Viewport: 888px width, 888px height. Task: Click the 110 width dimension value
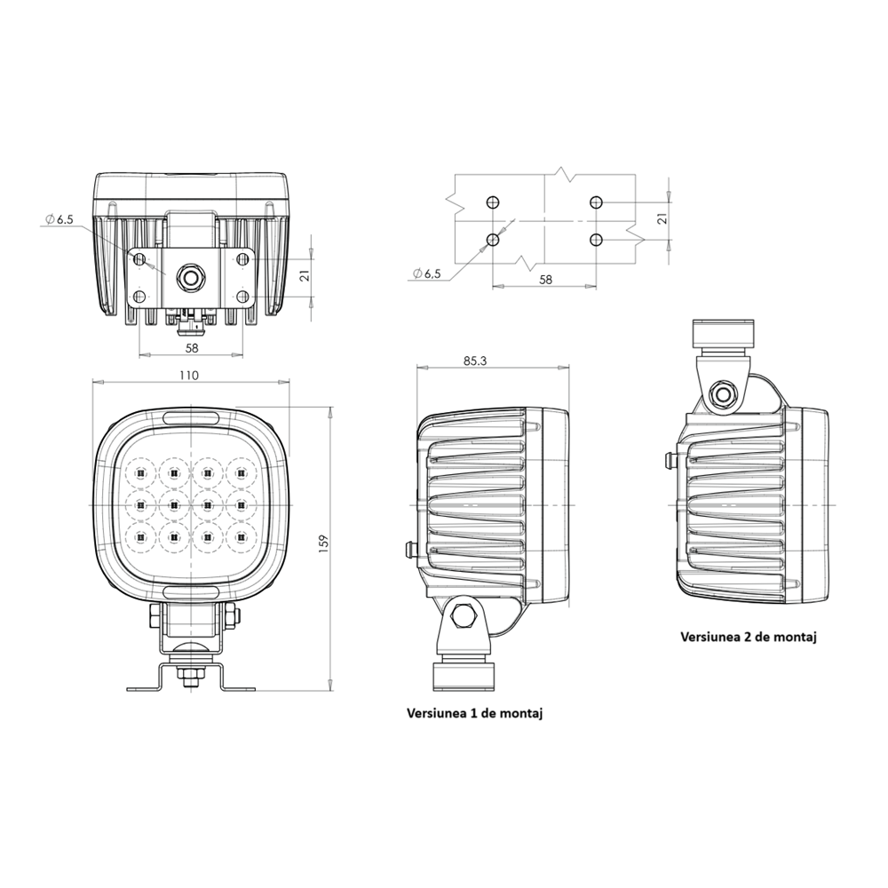188,376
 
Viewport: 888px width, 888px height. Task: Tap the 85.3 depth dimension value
476,361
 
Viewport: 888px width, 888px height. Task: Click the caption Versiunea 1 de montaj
474,712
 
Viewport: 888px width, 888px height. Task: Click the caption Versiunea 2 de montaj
748,637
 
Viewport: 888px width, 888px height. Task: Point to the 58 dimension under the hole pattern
545,279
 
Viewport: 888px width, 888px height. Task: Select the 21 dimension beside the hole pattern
662,219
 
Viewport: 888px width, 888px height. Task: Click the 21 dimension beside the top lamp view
305,276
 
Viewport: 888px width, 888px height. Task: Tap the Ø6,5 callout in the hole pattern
427,274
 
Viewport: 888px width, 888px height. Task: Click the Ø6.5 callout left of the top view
59,218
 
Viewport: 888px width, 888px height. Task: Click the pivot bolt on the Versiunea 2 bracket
725,393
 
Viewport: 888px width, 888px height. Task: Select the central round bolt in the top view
190,276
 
